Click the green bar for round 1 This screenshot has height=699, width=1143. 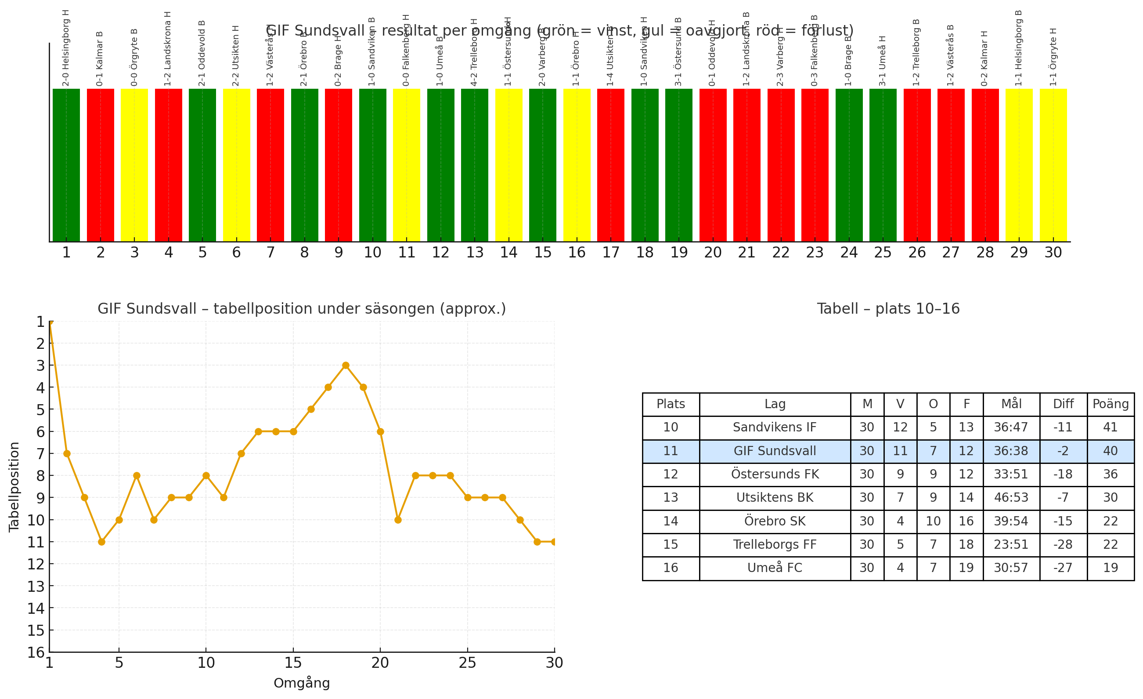(x=66, y=165)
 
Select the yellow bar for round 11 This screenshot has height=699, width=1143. (x=406, y=165)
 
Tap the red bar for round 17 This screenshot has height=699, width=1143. (x=610, y=165)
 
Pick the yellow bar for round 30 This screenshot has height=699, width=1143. (x=1053, y=165)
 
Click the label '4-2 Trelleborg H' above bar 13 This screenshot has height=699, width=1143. (x=474, y=52)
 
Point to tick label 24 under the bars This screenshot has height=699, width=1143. (x=849, y=253)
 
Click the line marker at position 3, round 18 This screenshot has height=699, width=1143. (x=346, y=365)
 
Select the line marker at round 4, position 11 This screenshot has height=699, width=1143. (x=101, y=542)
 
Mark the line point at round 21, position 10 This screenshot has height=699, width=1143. (x=398, y=520)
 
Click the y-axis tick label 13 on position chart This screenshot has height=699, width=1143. (x=36, y=586)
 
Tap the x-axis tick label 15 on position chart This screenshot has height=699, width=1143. (x=293, y=663)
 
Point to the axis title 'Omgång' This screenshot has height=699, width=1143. (x=302, y=683)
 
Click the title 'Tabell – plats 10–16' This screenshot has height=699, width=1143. (x=888, y=309)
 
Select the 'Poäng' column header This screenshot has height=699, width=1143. (x=1111, y=404)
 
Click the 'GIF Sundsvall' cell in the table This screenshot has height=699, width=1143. (x=775, y=451)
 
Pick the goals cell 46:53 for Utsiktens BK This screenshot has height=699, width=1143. (x=1011, y=498)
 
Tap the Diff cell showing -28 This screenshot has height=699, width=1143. (x=1063, y=544)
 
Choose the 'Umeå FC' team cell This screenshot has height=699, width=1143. (x=775, y=568)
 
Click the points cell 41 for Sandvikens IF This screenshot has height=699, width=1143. (x=1111, y=427)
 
